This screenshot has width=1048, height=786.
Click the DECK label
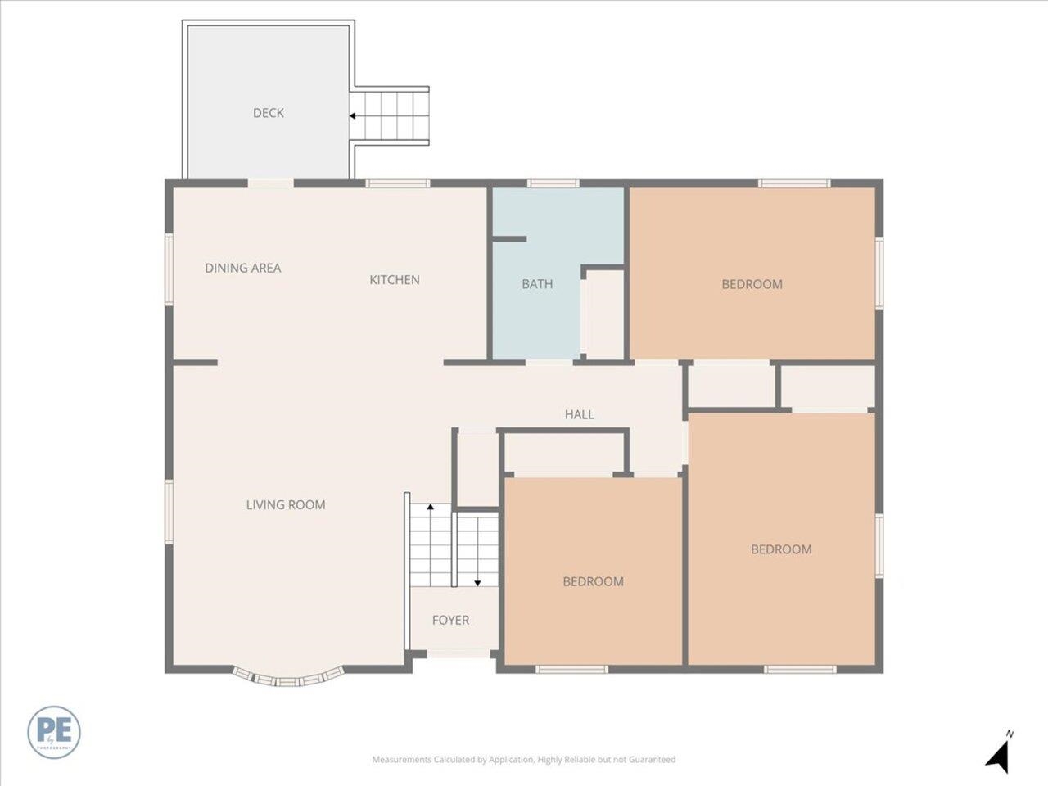(x=268, y=113)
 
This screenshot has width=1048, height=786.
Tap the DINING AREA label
(x=242, y=268)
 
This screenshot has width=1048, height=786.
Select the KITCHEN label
(x=395, y=280)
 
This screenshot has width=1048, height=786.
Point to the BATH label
(x=537, y=284)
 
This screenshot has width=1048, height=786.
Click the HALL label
(x=579, y=415)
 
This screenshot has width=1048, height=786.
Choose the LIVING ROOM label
(x=286, y=505)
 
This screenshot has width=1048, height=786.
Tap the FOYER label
(x=450, y=621)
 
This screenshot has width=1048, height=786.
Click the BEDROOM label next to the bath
(x=752, y=284)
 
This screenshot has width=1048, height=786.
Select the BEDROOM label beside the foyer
(x=593, y=581)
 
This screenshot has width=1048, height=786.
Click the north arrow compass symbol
(x=999, y=752)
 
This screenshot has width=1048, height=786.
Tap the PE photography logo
(x=54, y=730)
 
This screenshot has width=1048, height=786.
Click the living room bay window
(x=287, y=679)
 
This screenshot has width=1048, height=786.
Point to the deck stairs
(x=391, y=116)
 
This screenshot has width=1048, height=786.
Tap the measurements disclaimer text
(x=524, y=760)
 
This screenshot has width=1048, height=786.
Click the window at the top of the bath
(x=553, y=183)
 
